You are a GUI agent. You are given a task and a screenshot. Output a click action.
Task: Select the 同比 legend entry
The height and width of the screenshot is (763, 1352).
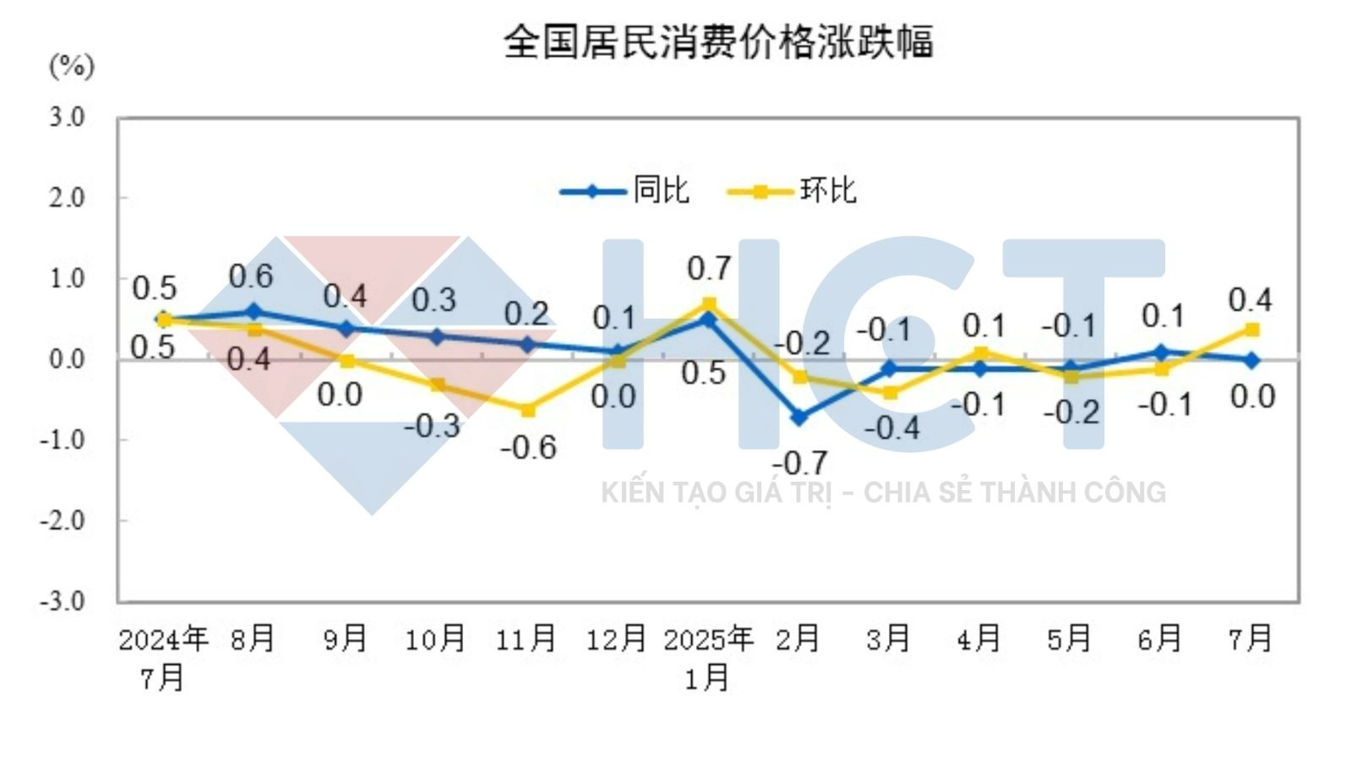pos(661,191)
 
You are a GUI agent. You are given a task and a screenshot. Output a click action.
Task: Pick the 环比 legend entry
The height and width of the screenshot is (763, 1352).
pos(827,191)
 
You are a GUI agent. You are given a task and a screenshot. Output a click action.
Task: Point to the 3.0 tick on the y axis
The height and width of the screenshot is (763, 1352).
pos(67,117)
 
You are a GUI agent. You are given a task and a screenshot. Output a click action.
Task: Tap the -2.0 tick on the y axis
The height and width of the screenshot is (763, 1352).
pos(63,520)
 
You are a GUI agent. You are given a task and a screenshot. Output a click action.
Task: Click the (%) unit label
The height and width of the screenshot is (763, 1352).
pos(72,66)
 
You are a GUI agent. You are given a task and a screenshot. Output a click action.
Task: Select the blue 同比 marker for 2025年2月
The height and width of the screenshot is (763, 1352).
pos(799,417)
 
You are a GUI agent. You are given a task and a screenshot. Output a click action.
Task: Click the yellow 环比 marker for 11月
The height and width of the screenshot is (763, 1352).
pos(527,410)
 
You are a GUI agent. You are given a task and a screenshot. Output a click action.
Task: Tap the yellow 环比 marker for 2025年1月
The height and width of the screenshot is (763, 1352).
pos(709,304)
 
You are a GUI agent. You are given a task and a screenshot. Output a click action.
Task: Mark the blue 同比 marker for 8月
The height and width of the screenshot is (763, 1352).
pos(255,312)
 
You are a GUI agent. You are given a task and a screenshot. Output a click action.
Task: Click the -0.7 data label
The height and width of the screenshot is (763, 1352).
pos(799,462)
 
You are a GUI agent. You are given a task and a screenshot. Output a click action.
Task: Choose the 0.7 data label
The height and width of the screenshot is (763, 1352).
pos(708,269)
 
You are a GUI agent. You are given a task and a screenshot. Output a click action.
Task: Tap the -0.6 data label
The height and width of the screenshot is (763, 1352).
pos(528,447)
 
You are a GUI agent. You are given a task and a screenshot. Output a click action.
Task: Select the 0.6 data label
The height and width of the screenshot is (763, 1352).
pos(251,276)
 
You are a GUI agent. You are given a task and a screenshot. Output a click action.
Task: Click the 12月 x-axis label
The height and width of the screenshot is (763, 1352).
pos(616,639)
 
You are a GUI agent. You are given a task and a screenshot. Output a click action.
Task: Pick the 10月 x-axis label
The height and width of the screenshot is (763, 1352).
pos(435,639)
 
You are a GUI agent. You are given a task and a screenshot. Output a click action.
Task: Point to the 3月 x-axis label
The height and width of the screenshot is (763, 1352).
pos(888,639)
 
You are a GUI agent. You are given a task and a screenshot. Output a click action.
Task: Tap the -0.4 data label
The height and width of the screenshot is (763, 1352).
pos(891,428)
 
